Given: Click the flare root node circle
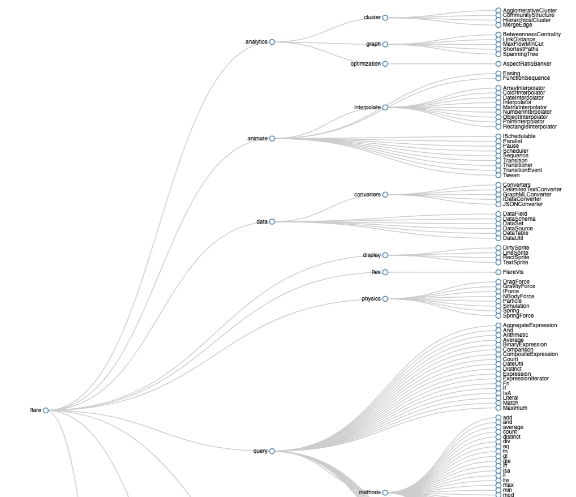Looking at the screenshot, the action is pos(46,410).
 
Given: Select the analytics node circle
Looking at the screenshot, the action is pos(272,42).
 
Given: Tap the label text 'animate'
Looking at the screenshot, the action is pos(257,139).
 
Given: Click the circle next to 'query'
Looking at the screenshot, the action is pos(272,451).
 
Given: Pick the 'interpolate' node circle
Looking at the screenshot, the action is pos(385,108).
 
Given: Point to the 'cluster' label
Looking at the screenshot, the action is pos(372,18).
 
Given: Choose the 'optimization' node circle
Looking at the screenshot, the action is pos(385,64).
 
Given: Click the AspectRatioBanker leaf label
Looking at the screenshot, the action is pos(527,64).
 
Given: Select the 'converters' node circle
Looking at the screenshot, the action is pos(385,195).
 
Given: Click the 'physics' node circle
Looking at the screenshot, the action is pos(385,299).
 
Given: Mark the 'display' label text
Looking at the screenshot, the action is pos(372,255).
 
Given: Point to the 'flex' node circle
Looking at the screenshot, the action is pos(385,272).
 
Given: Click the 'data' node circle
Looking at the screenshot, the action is pos(272,222).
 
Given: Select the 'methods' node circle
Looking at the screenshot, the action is pos(385,492).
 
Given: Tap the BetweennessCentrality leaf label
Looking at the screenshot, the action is pos(532,35).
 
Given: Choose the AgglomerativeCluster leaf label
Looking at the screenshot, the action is pos(530,11).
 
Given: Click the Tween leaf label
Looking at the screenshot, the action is pos(511,175).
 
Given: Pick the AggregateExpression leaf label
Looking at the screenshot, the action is pos(530,325).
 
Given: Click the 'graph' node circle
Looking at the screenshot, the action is pos(385,44).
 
